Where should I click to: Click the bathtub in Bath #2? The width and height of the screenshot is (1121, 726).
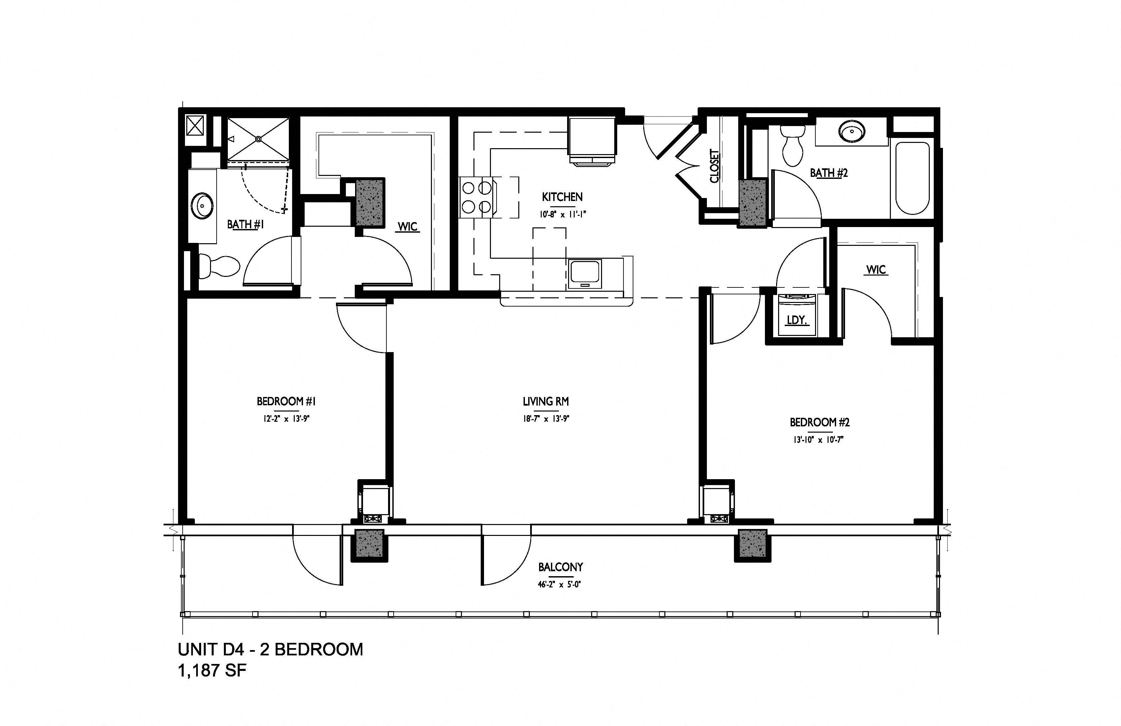tap(912, 178)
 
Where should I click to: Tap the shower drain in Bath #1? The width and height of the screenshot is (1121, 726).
tap(258, 139)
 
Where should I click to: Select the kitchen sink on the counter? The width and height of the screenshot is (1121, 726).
tap(585, 274)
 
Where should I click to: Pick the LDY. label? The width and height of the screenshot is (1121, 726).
tap(797, 320)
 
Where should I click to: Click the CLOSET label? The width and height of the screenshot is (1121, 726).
tap(714, 166)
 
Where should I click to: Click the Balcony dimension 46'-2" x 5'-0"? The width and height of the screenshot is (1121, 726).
tap(560, 584)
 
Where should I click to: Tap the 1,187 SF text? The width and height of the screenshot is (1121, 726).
tap(212, 670)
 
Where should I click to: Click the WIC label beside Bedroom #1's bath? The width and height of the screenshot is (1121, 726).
tap(408, 227)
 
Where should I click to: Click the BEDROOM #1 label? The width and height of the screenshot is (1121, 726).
tap(286, 401)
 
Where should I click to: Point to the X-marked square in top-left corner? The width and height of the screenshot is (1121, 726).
tap(195, 125)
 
